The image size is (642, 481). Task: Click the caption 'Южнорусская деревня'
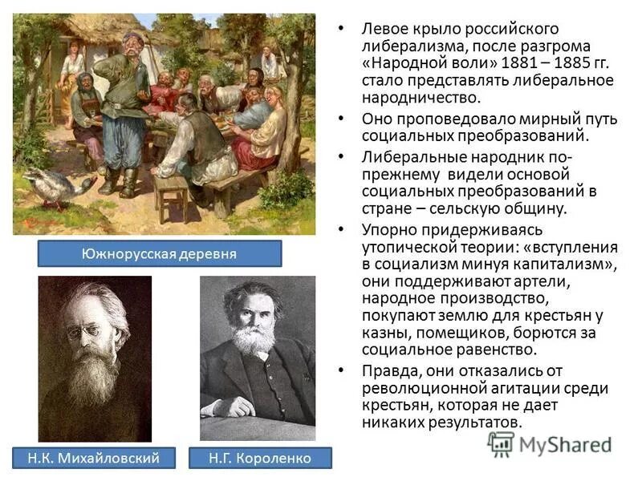click(160, 254)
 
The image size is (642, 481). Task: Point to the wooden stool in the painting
click(171, 193)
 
